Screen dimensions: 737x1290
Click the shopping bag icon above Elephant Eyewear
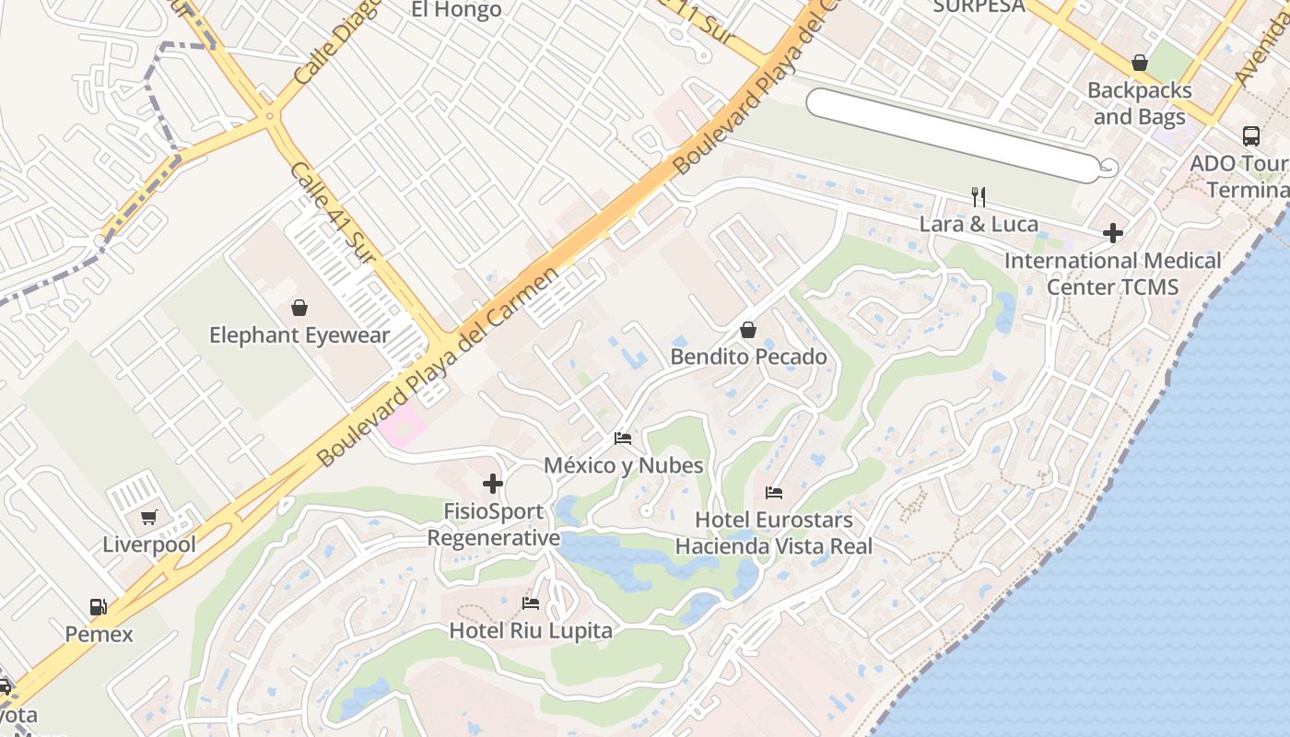pos(299,307)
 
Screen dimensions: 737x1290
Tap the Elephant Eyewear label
pos(299,335)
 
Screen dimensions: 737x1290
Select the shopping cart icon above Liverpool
pos(149,517)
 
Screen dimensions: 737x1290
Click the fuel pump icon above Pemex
pos(98,606)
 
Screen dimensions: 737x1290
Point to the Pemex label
pos(99,634)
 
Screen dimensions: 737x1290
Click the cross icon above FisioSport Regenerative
pos(493,483)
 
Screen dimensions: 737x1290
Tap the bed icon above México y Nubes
pos(623,439)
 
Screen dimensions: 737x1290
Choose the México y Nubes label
pos(623,465)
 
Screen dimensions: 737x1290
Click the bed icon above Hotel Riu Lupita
pos(531,603)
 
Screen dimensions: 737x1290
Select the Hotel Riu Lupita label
pos(531,631)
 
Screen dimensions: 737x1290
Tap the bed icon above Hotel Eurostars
pos(774,493)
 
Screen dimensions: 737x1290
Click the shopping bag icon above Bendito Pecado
pos(748,330)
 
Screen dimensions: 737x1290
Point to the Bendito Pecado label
pos(748,357)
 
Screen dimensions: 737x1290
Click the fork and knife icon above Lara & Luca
pos(979,196)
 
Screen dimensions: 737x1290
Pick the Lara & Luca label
pos(979,224)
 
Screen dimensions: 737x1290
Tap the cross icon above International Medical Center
pos(1113,233)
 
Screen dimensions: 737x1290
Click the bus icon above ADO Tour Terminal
pos(1250,136)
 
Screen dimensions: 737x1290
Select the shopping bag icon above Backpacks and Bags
pos(1140,64)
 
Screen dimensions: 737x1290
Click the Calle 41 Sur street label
pos(333,212)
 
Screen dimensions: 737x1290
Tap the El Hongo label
pos(456,10)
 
